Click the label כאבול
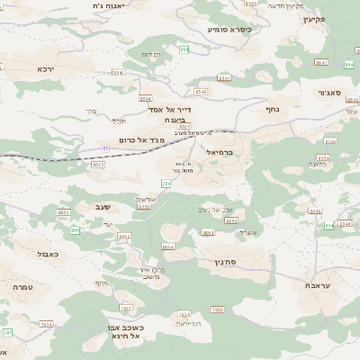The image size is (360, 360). coord(49,254)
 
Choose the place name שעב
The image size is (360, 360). coord(103,208)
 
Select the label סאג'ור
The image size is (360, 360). coord(329,92)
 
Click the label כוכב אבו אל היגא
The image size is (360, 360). coord(124,332)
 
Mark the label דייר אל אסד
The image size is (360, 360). coord(166,108)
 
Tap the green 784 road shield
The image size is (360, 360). coord(166,184)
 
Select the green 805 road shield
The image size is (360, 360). coord(75,230)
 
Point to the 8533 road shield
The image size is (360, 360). coord(98,165)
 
